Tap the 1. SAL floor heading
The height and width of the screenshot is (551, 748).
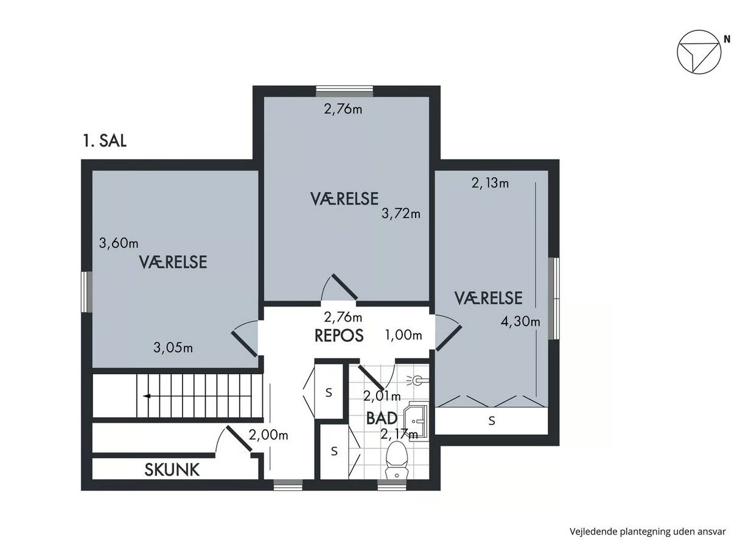(x=105, y=141)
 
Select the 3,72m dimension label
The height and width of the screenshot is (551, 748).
(x=400, y=214)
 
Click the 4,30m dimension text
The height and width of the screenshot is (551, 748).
(x=520, y=322)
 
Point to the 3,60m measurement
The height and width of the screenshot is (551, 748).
(x=119, y=243)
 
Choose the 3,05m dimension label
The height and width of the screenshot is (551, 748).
(x=173, y=348)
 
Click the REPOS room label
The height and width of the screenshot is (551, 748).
(x=339, y=336)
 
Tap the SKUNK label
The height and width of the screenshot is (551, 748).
(x=172, y=470)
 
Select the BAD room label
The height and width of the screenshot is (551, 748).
(x=382, y=418)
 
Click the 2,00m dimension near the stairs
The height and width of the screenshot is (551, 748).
(x=268, y=435)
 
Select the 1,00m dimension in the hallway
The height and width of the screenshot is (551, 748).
(x=404, y=335)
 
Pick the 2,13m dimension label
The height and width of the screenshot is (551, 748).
(x=490, y=183)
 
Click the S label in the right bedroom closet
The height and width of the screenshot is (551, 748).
(x=492, y=421)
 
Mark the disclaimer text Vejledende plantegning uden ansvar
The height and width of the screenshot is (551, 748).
(x=648, y=532)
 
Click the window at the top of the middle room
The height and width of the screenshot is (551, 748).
(x=344, y=91)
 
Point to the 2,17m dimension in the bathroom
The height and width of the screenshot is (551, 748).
(x=399, y=434)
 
